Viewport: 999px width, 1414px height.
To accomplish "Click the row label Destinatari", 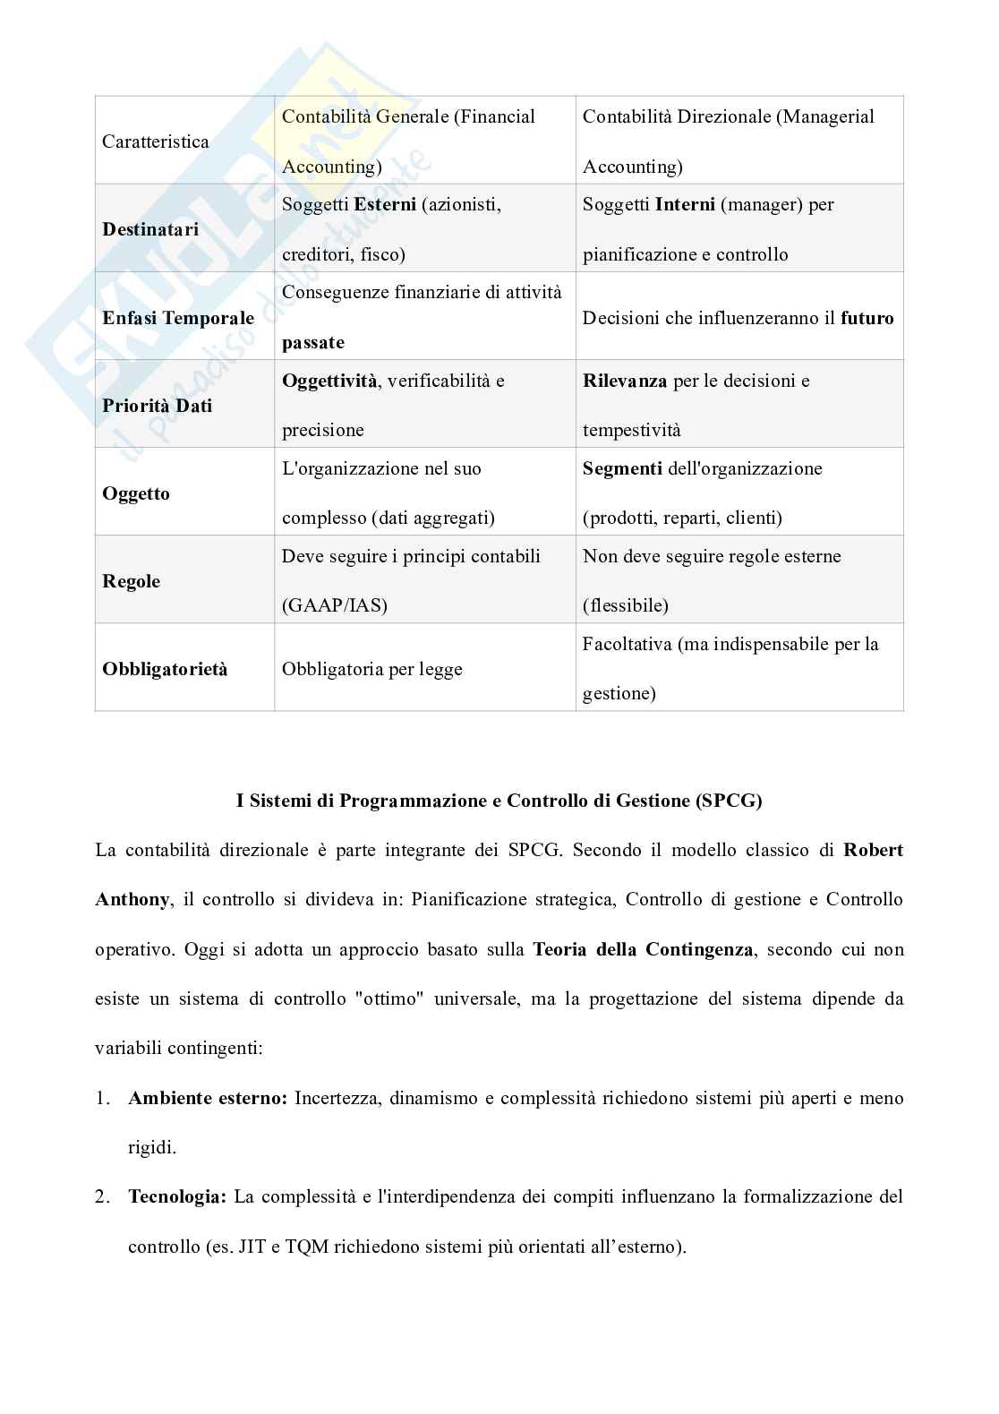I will pos(150,229).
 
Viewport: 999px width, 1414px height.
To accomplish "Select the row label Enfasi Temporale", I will pos(178,318).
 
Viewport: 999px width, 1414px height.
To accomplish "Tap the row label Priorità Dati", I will pos(157,406).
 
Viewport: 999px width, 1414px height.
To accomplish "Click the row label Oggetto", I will pos(136,493).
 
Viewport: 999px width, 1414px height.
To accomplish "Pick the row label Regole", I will pos(131,581).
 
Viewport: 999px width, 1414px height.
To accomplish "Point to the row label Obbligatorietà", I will pos(165,669).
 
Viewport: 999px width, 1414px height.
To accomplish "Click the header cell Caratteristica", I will pos(155,141).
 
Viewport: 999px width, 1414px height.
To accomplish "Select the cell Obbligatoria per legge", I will pos(371,669).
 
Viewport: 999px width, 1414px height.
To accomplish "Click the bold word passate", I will pos(312,342).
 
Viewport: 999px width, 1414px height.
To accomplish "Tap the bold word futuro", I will pos(867,318).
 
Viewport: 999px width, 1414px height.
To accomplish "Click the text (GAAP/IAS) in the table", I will pos(334,605).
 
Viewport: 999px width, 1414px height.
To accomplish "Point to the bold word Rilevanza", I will pos(624,381).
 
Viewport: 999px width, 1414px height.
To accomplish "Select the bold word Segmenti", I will pos(622,468).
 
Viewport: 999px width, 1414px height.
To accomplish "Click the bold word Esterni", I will pos(385,204).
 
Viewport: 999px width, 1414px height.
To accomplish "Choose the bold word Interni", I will pos(684,204).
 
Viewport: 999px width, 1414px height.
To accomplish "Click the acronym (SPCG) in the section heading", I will pos(728,801).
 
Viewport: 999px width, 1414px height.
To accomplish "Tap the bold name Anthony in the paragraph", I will pos(132,899).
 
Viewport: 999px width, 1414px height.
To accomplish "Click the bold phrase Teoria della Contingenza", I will pos(643,949).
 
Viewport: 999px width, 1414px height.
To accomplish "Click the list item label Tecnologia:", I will pos(177,1196).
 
